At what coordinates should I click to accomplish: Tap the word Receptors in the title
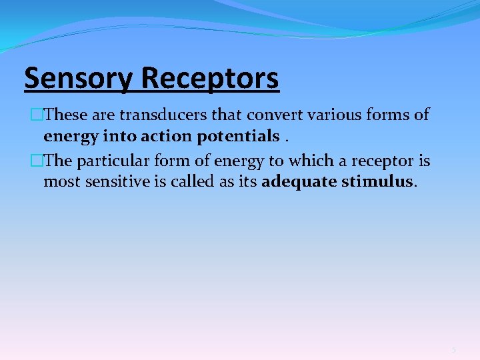(210, 79)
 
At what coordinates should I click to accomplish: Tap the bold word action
(167, 136)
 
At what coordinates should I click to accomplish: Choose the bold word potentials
(238, 136)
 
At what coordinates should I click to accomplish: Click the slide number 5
(453, 350)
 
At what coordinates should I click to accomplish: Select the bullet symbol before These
(38, 115)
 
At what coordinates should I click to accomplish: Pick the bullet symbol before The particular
(38, 161)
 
